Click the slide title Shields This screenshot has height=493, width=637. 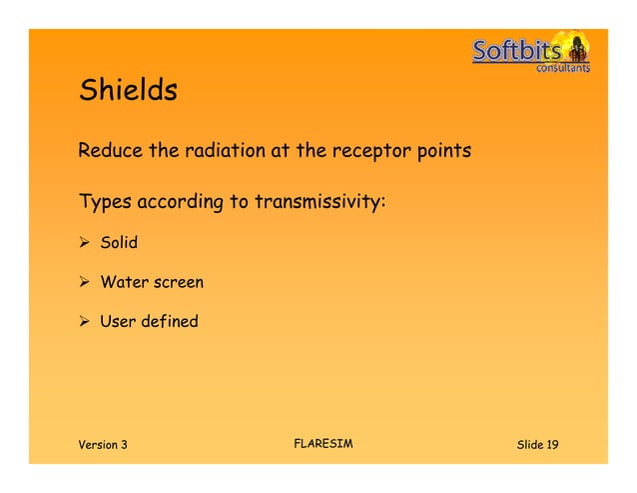point(128,91)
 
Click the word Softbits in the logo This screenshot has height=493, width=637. point(516,51)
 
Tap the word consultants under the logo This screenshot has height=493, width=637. point(563,69)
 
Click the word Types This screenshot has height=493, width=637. point(105,203)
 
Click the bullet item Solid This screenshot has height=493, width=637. point(118,243)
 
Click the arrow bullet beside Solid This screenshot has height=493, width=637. point(86,243)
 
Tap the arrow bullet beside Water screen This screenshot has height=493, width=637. point(86,283)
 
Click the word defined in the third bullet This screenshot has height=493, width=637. point(169,322)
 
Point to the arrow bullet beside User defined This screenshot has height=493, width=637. point(86,322)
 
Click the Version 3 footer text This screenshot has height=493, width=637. point(103,444)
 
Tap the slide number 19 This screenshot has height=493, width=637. point(551,444)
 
